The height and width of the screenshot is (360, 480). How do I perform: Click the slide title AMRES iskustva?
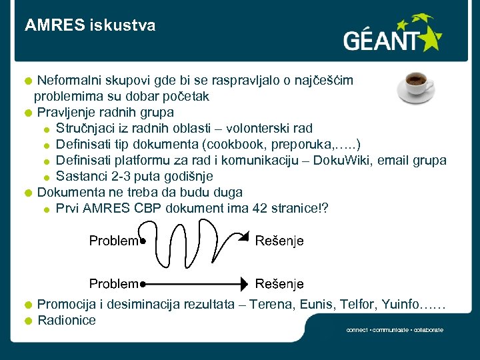[x=90, y=25]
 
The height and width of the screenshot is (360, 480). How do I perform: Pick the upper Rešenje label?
[x=279, y=241]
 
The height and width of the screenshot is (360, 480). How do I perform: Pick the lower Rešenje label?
[x=279, y=284]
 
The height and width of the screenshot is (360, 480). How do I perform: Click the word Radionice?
[x=67, y=320]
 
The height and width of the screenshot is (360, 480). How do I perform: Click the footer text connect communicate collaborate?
[x=395, y=330]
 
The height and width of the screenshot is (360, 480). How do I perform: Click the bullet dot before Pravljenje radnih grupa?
[x=28, y=113]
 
